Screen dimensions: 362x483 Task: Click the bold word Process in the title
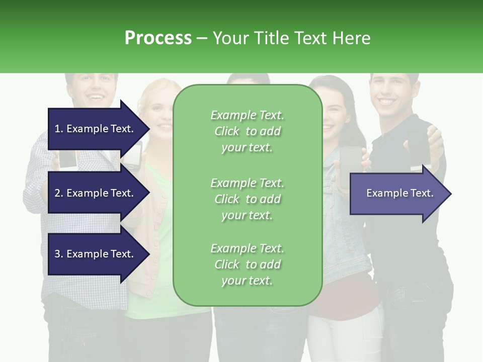[158, 38]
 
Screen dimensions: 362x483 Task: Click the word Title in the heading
[271, 38]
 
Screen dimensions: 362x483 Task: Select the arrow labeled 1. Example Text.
[96, 129]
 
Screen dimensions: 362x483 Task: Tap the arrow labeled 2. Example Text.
[96, 193]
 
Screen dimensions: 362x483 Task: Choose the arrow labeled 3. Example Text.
[96, 254]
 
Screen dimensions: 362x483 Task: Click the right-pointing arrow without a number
[397, 193]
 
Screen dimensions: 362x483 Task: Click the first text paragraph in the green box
[247, 131]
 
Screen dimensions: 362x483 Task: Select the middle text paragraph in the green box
[247, 199]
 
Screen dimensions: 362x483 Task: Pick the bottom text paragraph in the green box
[247, 264]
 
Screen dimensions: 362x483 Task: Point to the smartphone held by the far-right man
[419, 147]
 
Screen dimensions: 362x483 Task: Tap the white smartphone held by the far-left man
[68, 159]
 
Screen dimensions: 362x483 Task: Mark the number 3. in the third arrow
[59, 254]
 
